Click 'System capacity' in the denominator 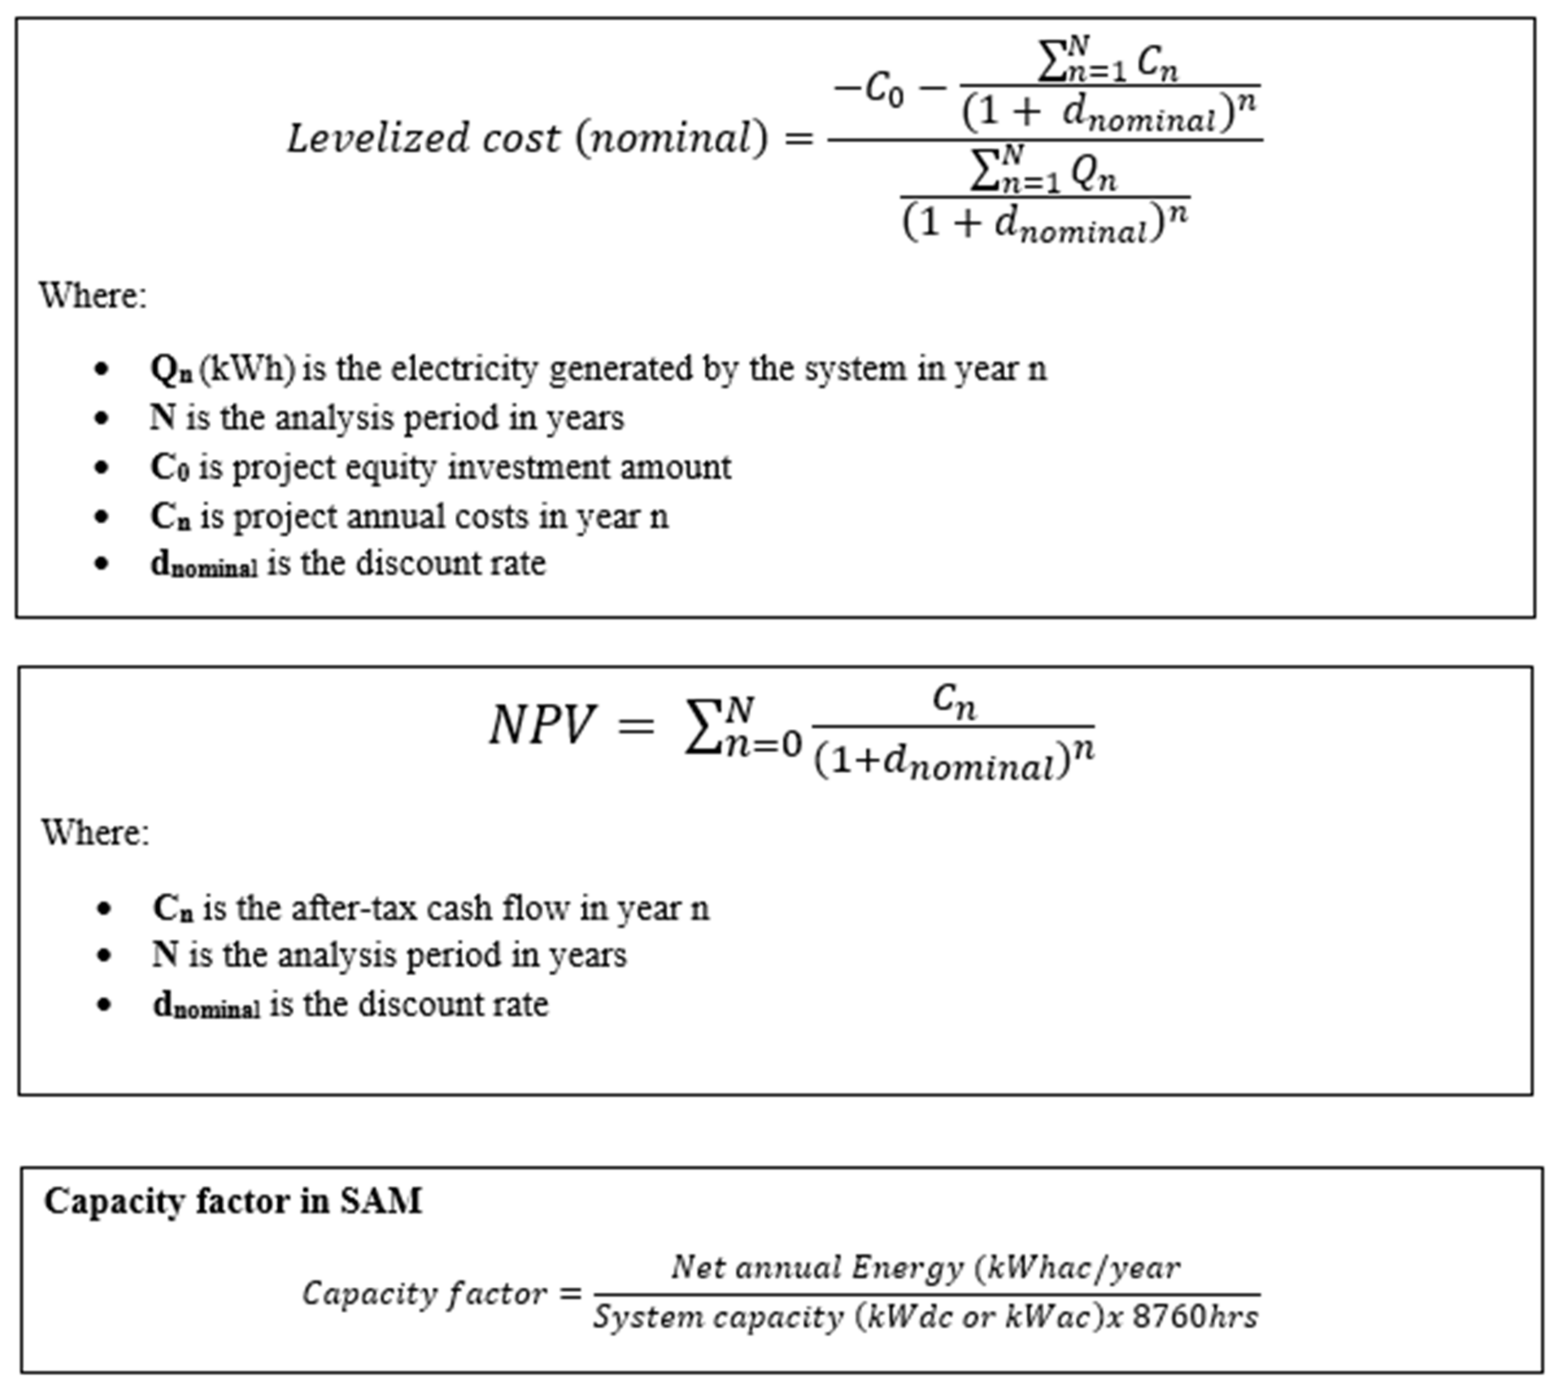[718, 1317]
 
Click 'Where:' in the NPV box [95, 832]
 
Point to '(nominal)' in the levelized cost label [671, 138]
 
